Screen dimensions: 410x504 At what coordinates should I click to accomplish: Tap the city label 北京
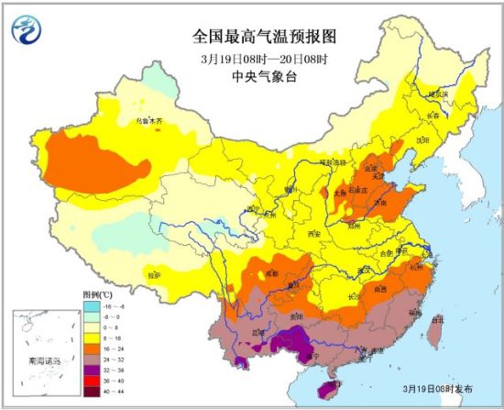[x=369, y=169]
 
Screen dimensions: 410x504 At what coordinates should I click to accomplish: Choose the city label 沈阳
[x=422, y=140]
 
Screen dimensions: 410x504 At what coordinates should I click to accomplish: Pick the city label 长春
[x=432, y=116]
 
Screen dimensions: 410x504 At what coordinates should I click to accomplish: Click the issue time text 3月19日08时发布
[x=440, y=389]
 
